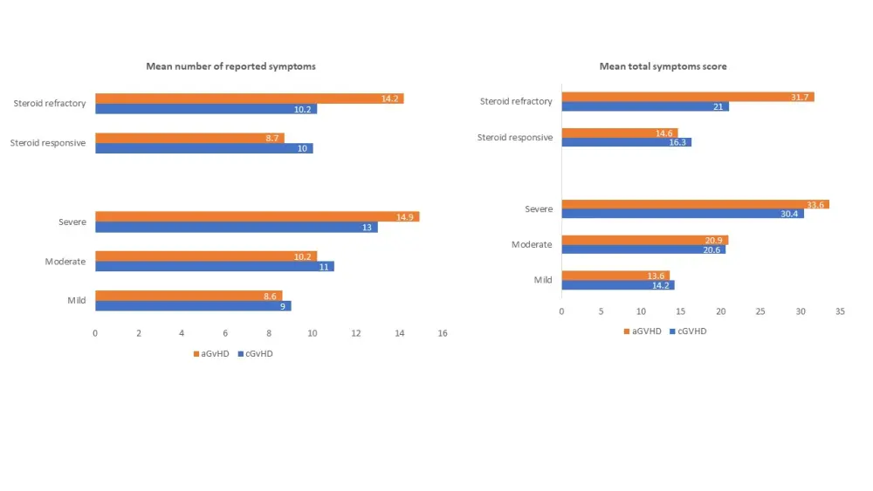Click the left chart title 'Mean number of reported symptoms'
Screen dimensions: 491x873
230,66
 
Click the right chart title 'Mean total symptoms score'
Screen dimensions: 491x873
663,66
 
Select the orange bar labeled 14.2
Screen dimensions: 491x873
249,99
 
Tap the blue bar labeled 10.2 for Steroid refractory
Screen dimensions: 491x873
206,109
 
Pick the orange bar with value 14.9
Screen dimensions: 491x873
257,216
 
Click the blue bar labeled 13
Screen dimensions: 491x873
236,227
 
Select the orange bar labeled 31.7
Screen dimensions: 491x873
687,97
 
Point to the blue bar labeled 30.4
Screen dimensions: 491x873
682,214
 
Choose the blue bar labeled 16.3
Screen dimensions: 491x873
626,141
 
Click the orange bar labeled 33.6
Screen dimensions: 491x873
695,204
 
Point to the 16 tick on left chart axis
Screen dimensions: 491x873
443,333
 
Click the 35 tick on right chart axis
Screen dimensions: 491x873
840,311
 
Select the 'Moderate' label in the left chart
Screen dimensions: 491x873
65,262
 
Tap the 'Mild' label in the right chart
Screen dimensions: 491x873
543,280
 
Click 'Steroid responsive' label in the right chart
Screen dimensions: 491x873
515,137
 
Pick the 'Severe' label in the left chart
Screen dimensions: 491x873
72,222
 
